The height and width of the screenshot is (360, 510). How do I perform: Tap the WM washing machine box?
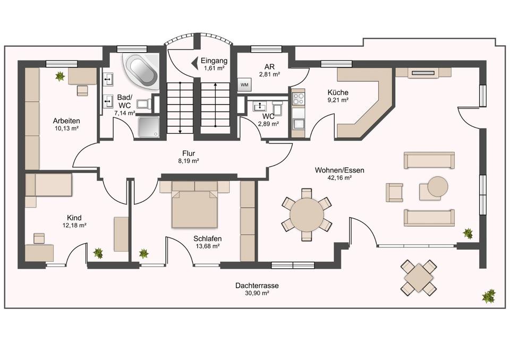[244, 84]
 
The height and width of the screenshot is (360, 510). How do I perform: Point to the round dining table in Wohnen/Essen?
[307, 215]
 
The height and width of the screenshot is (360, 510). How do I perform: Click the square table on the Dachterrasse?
[419, 277]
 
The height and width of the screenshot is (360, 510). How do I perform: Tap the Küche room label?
[338, 92]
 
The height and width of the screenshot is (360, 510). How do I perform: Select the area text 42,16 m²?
[339, 178]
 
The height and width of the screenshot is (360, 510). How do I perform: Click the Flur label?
[189, 153]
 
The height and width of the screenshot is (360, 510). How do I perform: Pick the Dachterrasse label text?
[257, 286]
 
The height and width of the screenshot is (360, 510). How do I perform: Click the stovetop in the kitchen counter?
[297, 99]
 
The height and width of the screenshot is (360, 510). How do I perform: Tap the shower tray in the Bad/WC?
[149, 127]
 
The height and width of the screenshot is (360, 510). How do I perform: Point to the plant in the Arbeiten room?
[60, 76]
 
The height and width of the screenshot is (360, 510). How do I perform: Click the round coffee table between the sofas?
[437, 186]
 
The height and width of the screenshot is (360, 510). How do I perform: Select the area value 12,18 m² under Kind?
[74, 225]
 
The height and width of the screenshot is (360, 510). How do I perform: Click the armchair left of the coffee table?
[395, 192]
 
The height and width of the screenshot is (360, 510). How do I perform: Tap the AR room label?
[270, 67]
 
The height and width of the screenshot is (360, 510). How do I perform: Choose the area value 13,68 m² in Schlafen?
[207, 246]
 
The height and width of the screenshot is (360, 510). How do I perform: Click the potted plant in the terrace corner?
[488, 296]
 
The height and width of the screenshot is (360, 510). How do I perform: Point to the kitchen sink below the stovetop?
[297, 124]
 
